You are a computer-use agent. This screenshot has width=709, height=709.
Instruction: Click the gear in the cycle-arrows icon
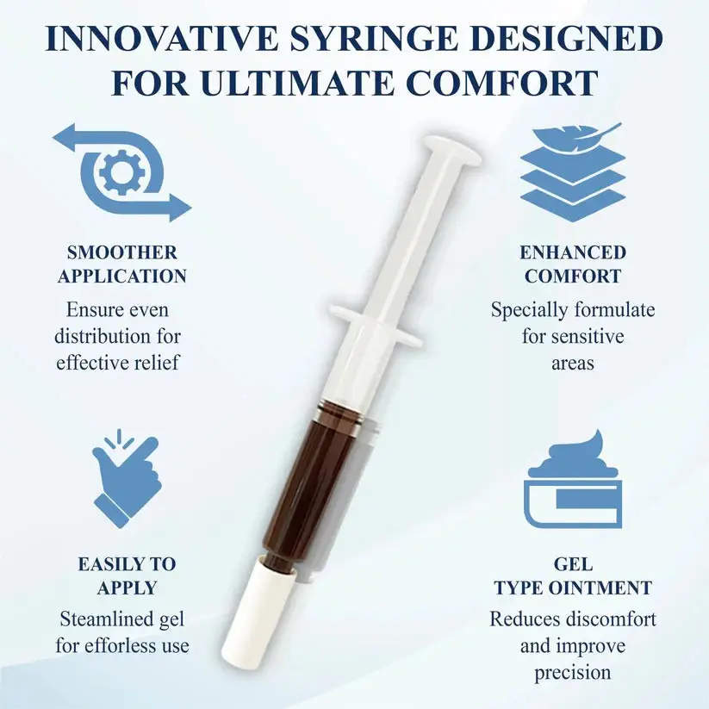click(x=120, y=171)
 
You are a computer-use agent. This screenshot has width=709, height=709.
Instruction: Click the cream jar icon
click(x=573, y=480)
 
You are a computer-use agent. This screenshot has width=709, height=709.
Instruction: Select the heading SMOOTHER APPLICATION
click(x=122, y=264)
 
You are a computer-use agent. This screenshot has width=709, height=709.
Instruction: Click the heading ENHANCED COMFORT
click(x=573, y=264)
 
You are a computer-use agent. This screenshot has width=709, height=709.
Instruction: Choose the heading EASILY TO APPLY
click(x=127, y=575)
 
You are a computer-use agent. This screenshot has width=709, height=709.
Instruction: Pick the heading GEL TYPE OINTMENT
click(x=573, y=575)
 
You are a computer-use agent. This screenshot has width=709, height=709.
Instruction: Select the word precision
click(x=573, y=672)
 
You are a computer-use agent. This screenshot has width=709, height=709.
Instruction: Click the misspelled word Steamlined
click(x=122, y=619)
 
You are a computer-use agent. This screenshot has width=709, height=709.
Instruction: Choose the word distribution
click(x=105, y=337)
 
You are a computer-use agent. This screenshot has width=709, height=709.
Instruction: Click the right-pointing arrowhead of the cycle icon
click(x=179, y=208)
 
